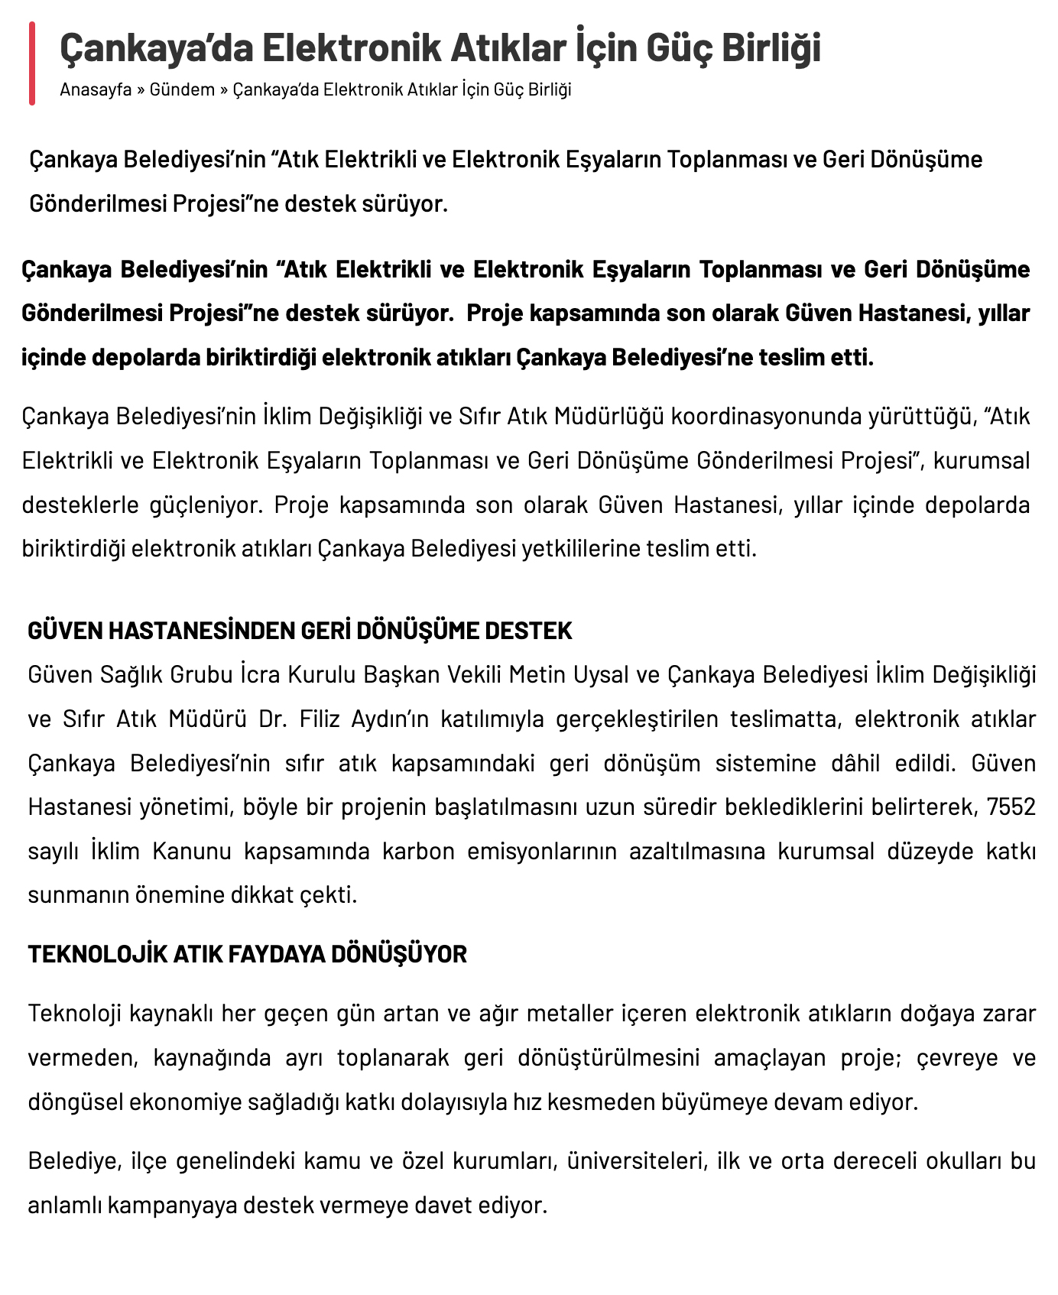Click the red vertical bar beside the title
(x=32, y=63)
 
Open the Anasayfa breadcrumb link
(x=96, y=89)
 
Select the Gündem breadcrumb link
(x=182, y=89)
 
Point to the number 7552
(x=1011, y=807)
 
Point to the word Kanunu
(x=192, y=851)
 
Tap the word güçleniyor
(x=206, y=505)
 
